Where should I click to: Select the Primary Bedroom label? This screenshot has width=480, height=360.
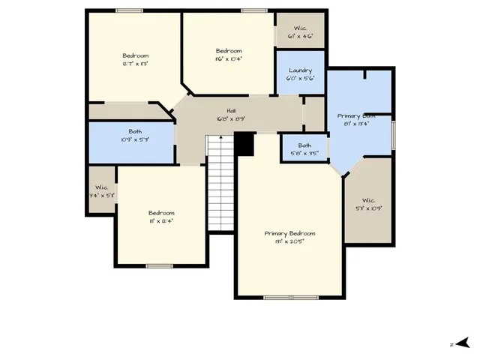[x=289, y=233]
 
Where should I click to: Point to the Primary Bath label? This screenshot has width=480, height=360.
[x=356, y=115]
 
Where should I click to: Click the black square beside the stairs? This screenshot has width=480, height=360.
[x=244, y=143]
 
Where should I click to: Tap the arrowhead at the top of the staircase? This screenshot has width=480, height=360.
[x=220, y=138]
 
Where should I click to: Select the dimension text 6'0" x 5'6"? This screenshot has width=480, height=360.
[x=300, y=77]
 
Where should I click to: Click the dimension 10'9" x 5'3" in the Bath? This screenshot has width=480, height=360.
[x=135, y=139]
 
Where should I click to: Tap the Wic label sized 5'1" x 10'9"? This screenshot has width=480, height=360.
[x=368, y=200]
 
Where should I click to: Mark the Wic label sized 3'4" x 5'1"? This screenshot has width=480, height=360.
[x=100, y=187]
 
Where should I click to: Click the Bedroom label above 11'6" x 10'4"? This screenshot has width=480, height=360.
[x=229, y=50]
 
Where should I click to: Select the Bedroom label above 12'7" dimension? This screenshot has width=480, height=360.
[x=136, y=55]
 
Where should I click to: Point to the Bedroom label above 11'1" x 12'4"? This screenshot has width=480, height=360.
[x=161, y=212]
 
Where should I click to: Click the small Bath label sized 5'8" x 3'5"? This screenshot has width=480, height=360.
[x=304, y=145]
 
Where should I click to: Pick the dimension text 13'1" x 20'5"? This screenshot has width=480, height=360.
[x=289, y=241]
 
